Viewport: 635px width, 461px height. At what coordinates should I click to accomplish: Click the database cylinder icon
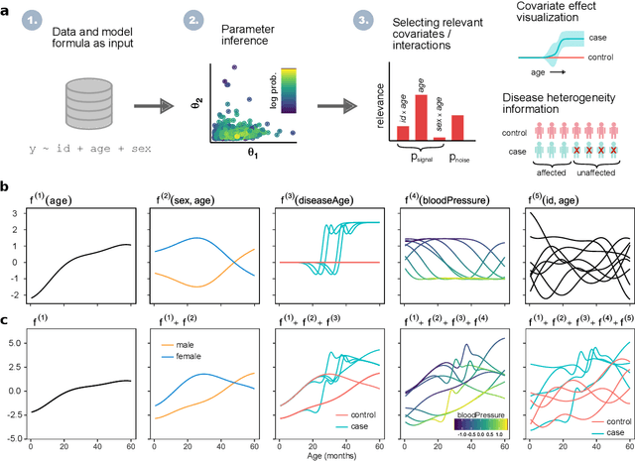pos(71,99)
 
